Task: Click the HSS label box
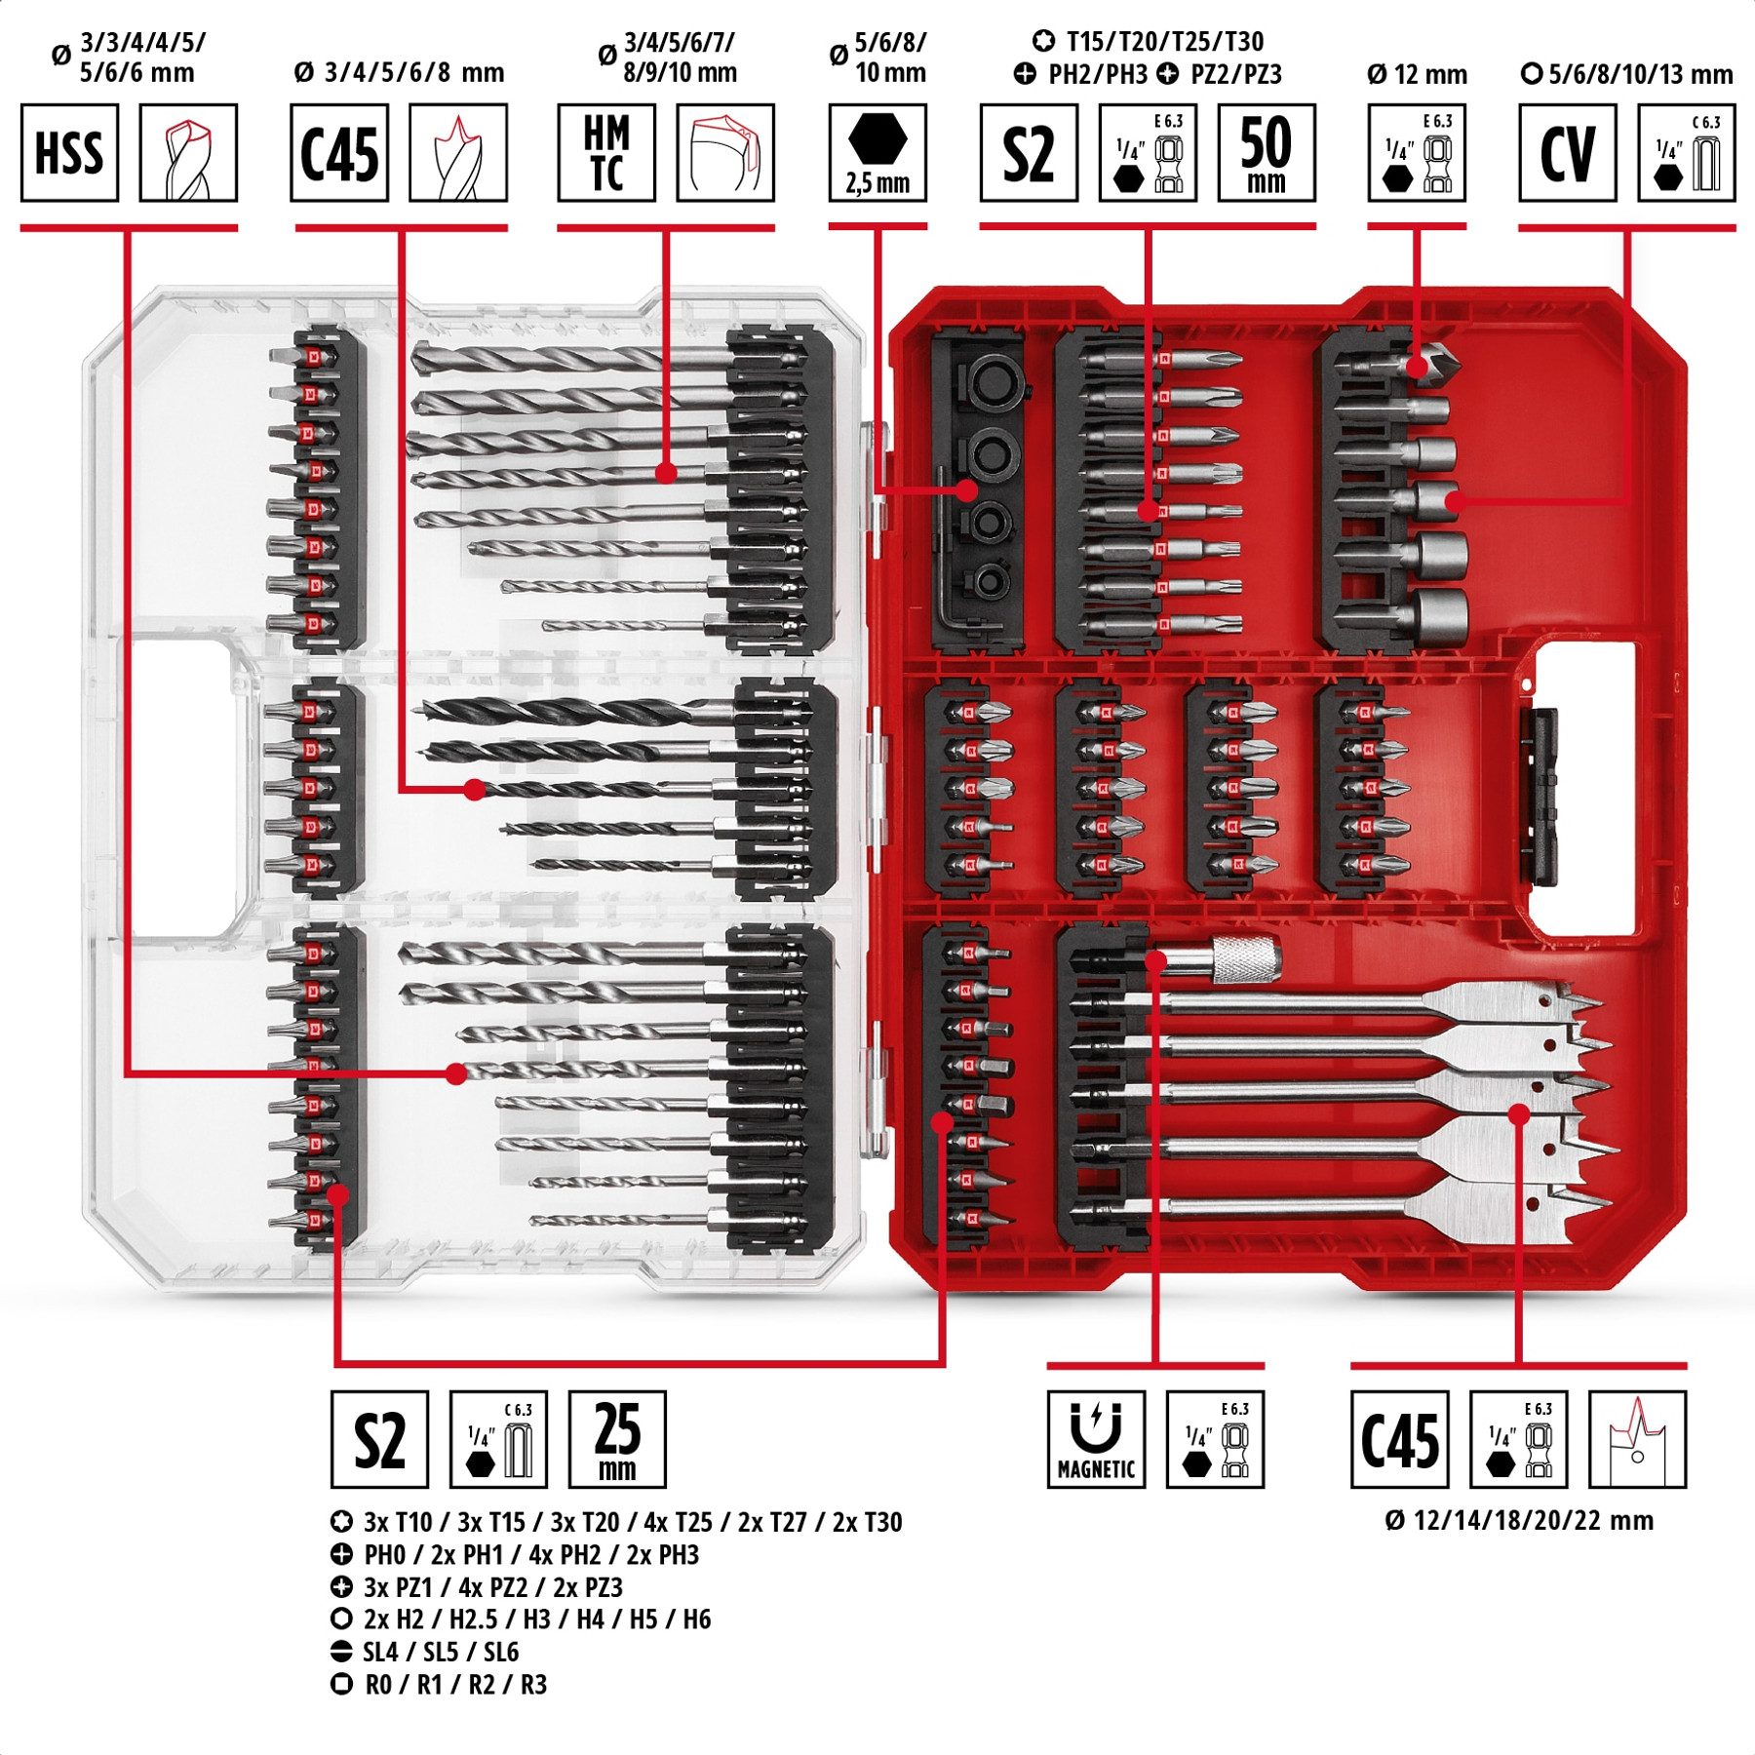click(69, 153)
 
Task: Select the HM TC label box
click(605, 153)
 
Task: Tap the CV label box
click(1567, 153)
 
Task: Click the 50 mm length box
click(1266, 153)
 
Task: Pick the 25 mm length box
click(616, 1439)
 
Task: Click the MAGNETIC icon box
click(1096, 1439)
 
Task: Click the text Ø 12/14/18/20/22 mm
click(1518, 1520)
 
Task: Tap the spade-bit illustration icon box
click(1637, 1439)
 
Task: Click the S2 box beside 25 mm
click(379, 1439)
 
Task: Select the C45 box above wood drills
click(338, 153)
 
